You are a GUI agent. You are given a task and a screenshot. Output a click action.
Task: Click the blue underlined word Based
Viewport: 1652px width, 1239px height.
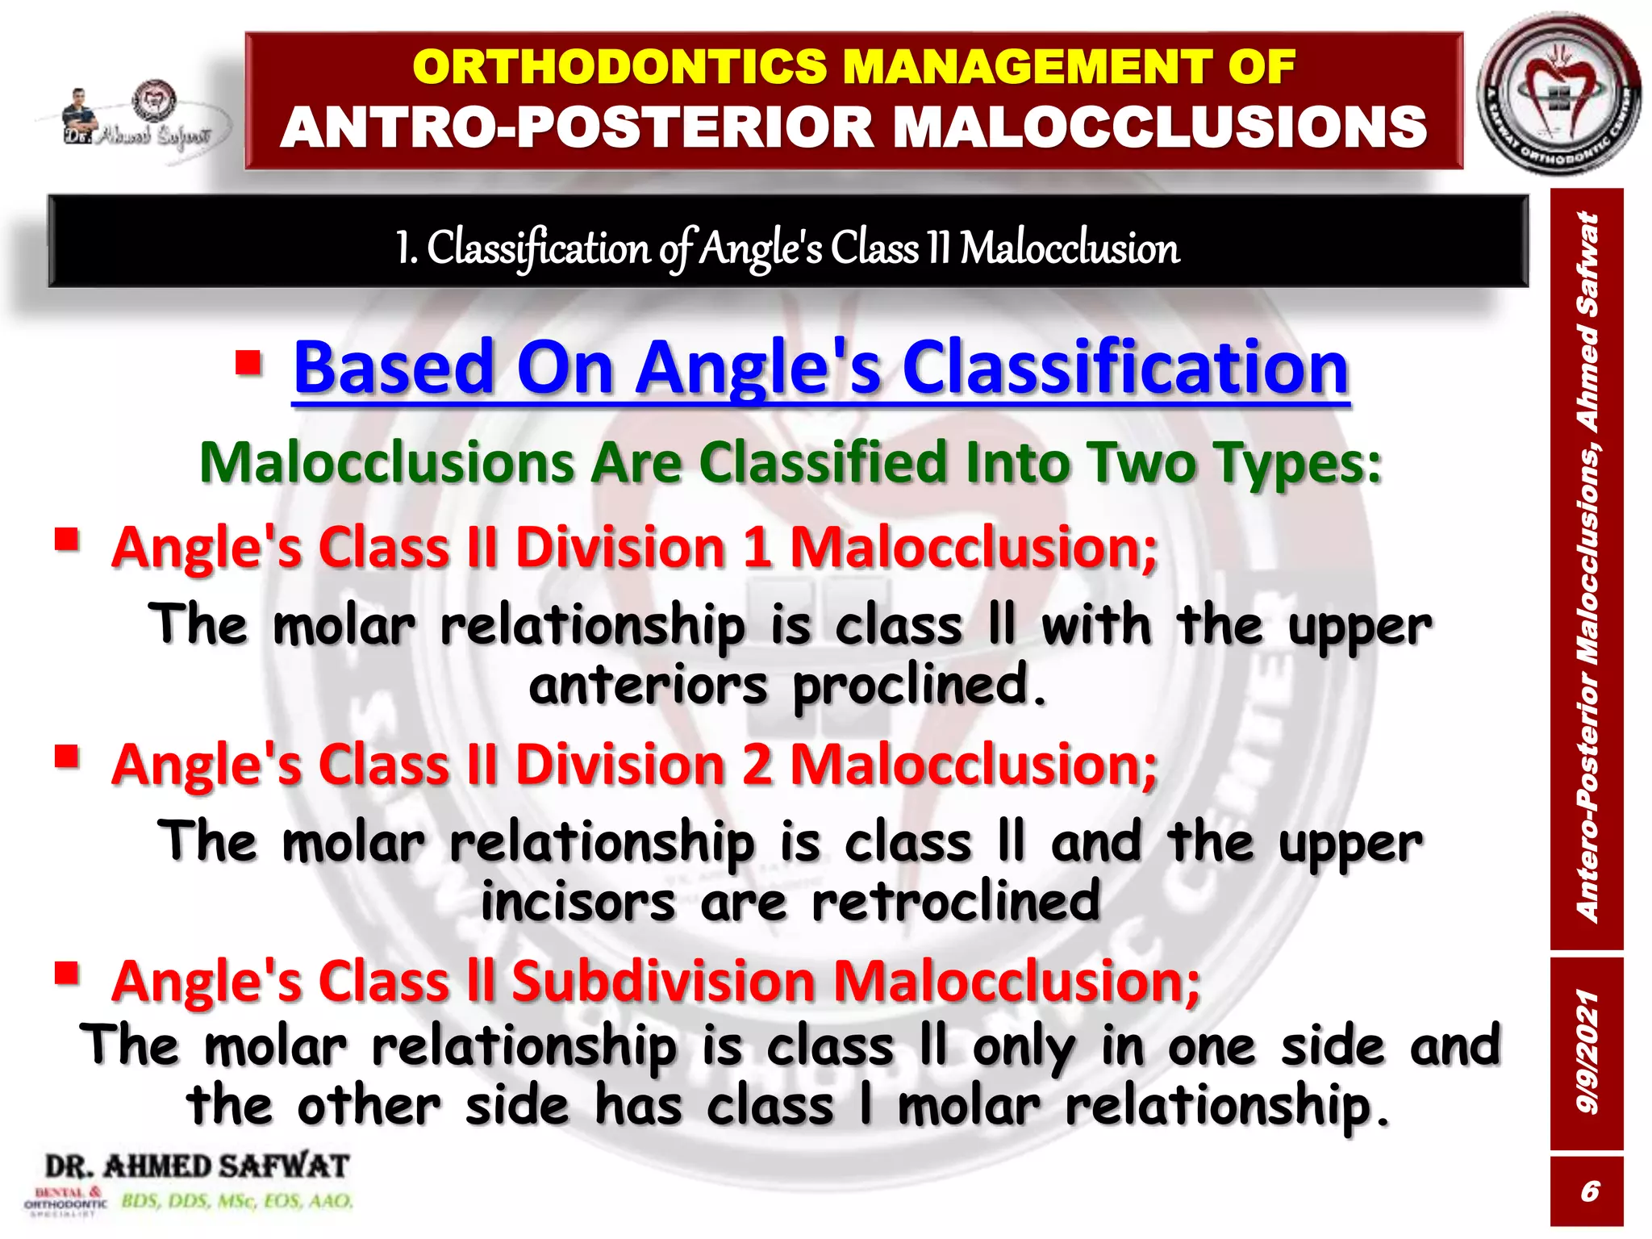click(x=394, y=368)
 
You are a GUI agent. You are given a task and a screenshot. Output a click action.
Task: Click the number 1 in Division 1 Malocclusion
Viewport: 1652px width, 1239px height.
click(x=757, y=548)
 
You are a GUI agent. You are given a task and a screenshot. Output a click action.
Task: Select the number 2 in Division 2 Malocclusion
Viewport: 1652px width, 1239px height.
click(x=757, y=765)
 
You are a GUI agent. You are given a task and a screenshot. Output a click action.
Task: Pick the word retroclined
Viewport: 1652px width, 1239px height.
click(x=955, y=902)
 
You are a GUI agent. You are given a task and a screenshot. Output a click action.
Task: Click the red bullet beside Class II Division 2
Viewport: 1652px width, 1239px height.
click(x=67, y=756)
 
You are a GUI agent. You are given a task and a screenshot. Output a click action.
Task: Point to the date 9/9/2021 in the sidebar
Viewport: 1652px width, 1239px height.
click(x=1586, y=1053)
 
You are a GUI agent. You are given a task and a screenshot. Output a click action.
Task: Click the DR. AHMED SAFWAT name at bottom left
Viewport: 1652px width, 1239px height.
click(x=197, y=1166)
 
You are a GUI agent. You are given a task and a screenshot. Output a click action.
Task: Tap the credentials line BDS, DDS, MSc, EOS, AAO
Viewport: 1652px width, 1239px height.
click(x=237, y=1201)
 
